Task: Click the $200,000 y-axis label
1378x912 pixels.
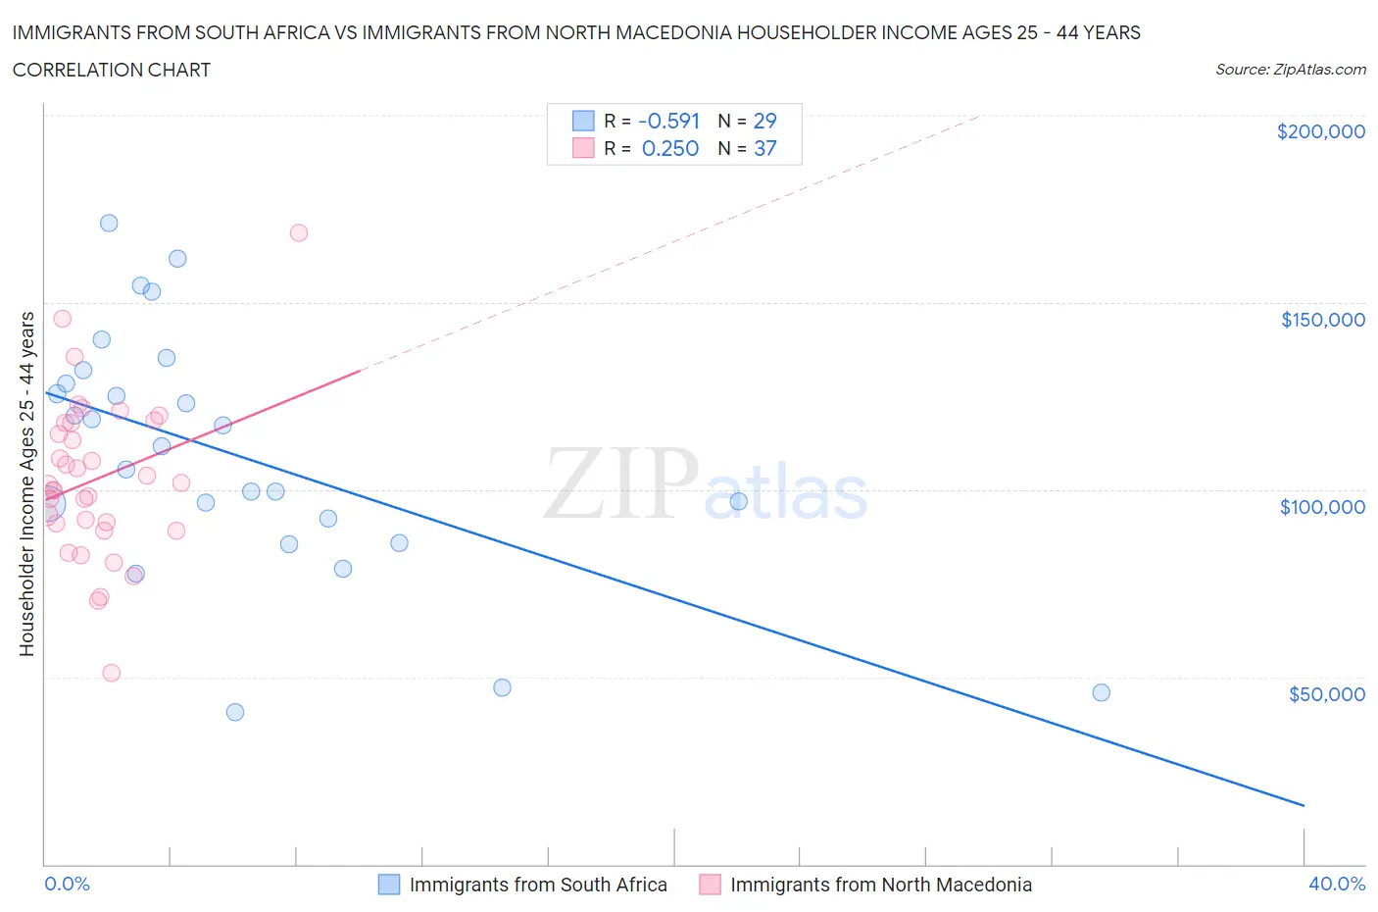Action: (1320, 132)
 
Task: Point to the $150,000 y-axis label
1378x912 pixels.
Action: (1322, 320)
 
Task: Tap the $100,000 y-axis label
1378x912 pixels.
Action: (1322, 507)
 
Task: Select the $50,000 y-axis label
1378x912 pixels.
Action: (1326, 694)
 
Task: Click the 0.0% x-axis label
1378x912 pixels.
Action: (67, 884)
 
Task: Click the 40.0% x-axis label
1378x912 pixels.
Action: (1337, 884)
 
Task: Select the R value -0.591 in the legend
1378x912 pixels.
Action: (668, 121)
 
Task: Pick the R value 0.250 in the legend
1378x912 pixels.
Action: (670, 148)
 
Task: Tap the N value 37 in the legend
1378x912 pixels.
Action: (764, 148)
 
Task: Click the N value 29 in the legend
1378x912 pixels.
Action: (764, 121)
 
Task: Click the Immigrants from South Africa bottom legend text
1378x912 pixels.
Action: (538, 885)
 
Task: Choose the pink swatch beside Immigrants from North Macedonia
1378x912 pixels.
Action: (710, 885)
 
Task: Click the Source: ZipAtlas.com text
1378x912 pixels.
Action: (1290, 70)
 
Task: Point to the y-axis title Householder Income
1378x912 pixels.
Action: (26, 483)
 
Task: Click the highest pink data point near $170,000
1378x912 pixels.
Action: (299, 232)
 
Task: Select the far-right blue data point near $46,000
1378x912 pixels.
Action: (1101, 692)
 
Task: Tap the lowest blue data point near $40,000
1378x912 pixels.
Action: (235, 712)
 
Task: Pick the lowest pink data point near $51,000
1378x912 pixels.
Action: (112, 673)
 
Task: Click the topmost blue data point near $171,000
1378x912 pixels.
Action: (109, 223)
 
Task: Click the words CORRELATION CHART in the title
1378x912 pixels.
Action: (112, 70)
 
